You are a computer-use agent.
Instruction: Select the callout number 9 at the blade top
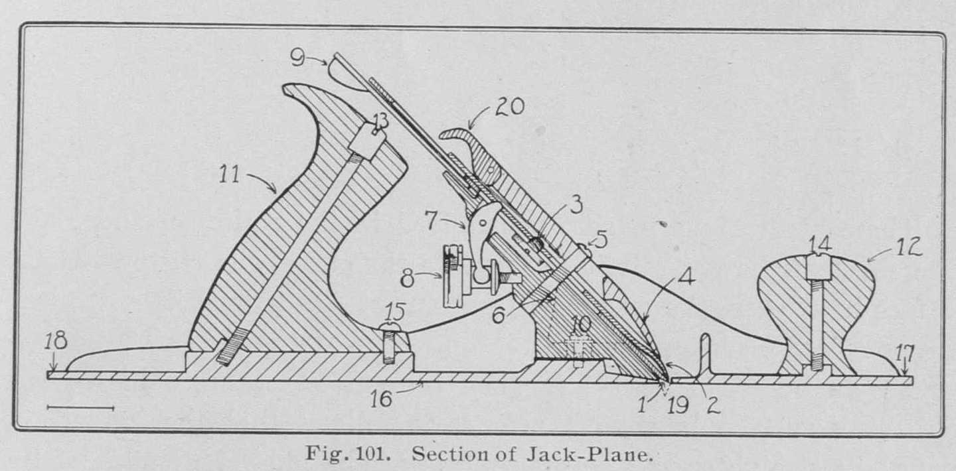pyautogui.click(x=298, y=58)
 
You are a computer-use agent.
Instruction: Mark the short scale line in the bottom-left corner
pyautogui.click(x=80, y=407)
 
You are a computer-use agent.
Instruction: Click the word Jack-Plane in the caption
pyautogui.click(x=600, y=456)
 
